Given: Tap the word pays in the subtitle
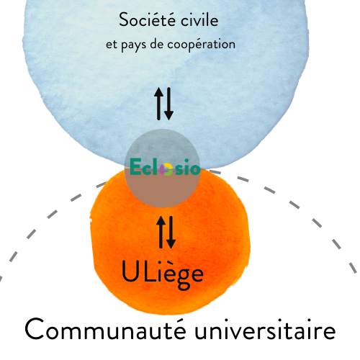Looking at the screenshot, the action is tap(133, 45).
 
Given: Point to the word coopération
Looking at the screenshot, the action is tap(201, 45).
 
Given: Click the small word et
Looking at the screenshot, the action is tap(112, 45).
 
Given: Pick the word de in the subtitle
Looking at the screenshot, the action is tap(157, 44).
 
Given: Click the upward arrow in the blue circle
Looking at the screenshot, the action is tap(158, 104).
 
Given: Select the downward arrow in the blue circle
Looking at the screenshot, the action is tap(168, 104).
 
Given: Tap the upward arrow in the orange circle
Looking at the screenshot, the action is tap(161, 232).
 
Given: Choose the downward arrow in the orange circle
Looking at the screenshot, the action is tap(171, 232).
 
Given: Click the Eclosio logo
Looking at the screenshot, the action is tap(165, 166).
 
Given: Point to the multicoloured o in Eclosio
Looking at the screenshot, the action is tap(166, 169).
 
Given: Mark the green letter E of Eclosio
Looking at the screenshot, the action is tap(135, 166).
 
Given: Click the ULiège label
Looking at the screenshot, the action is tap(163, 275).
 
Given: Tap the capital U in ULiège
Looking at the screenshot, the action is tap(130, 271).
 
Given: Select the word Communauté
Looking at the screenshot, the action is tap(106, 329).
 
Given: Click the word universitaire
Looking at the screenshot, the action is tap(265, 329).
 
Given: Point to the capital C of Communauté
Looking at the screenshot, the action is tap(34, 329).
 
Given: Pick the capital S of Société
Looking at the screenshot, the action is tap(124, 19).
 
